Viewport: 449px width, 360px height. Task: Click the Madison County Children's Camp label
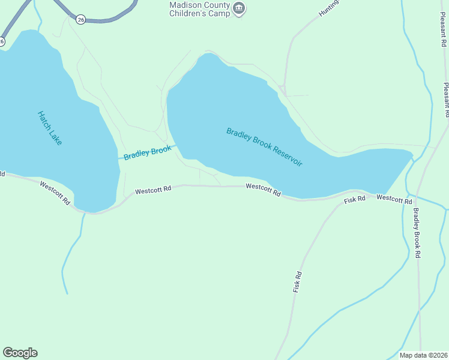[x=199, y=8]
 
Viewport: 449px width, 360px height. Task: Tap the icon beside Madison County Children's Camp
[x=239, y=8]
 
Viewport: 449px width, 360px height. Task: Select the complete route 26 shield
[x=81, y=20]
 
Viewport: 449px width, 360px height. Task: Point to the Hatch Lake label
[x=50, y=128]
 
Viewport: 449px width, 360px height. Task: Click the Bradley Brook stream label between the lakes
[x=148, y=153]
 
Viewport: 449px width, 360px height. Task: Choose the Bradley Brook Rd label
[x=417, y=233]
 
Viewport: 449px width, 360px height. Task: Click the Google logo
[x=20, y=353]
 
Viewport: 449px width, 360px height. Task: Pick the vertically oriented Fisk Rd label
[x=297, y=281]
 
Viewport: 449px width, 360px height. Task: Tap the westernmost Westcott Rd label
[x=55, y=193]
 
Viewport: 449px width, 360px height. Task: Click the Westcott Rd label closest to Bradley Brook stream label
[x=153, y=189]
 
